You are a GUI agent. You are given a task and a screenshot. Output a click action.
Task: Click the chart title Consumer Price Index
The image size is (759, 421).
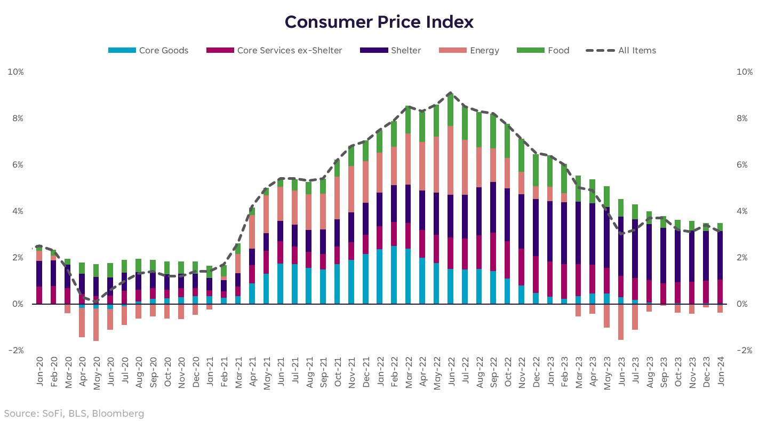coord(379,22)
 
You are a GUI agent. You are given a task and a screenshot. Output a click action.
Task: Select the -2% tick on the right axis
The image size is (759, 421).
coord(743,351)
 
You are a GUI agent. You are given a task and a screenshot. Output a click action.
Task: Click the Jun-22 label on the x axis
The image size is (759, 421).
coord(451,371)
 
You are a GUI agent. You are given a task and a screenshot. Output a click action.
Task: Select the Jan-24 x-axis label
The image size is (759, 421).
coord(720,371)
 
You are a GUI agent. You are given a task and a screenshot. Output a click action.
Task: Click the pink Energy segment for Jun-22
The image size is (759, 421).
coord(451,160)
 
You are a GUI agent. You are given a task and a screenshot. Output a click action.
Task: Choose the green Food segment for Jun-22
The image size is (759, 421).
coord(451,109)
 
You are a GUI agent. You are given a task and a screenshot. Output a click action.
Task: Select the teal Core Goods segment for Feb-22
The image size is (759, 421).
coord(394,275)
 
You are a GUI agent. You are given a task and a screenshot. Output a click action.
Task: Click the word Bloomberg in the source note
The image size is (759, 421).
coord(122,413)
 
